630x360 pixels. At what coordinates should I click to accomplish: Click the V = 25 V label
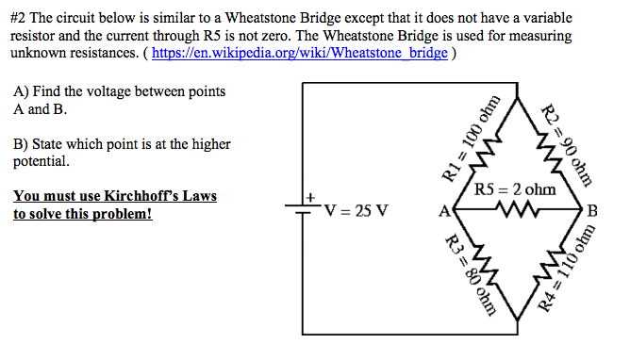tap(355, 209)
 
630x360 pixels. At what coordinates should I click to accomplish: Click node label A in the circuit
tap(443, 210)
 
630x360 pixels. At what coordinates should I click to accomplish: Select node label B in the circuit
tap(592, 210)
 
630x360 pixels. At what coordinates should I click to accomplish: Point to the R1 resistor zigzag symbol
tap(491, 151)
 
